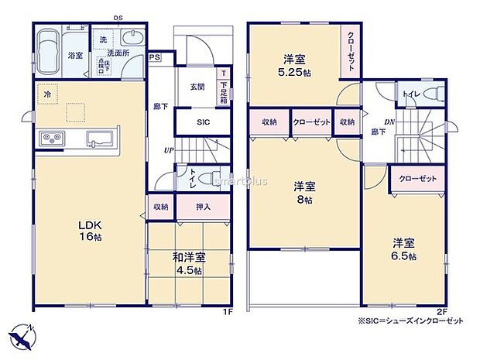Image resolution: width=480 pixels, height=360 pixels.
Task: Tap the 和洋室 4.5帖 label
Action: pyautogui.click(x=188, y=263)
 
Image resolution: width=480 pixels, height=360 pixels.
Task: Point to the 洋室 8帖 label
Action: pyautogui.click(x=303, y=192)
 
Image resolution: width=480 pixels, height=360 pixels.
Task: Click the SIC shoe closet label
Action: pyautogui.click(x=203, y=122)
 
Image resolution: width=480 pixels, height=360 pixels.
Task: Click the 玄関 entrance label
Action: pyautogui.click(x=197, y=87)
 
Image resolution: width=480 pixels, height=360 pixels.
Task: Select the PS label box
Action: pyautogui.click(x=155, y=57)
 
